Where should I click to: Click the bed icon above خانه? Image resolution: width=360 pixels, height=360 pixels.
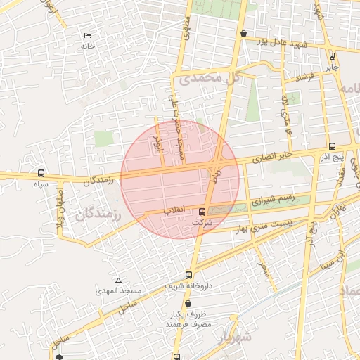87,35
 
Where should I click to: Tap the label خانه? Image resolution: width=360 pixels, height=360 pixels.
87,46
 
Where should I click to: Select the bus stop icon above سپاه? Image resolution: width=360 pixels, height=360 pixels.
41,173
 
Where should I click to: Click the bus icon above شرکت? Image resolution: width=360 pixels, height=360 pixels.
202,212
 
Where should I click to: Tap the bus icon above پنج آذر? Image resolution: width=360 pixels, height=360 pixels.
332,146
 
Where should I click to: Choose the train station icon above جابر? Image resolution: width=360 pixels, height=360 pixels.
332,56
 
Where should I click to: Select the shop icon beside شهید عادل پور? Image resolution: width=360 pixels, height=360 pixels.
243,33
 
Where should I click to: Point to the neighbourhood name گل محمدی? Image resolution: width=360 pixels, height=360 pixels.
216,78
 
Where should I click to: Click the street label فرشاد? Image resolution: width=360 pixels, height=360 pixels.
304,75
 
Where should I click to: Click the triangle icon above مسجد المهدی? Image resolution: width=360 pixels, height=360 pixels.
117,280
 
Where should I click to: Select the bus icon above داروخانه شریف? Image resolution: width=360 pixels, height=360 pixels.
188,275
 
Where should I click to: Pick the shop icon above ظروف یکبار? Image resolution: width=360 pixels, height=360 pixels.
186,304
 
